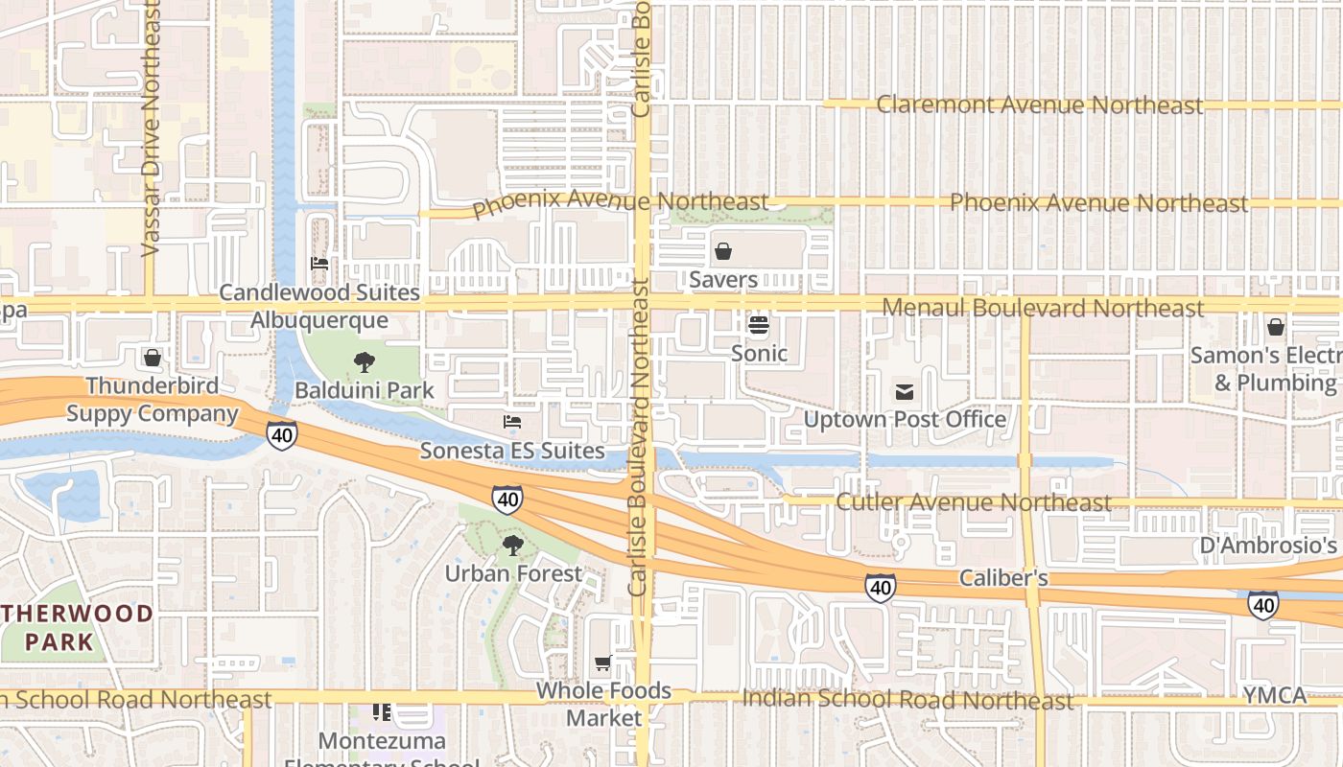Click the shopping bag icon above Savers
pos(723,251)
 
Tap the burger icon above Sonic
pos(759,326)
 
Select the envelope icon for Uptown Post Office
pos(904,391)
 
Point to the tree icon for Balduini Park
pos(364,362)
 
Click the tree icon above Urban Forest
pos(513,546)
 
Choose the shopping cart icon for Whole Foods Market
pos(603,662)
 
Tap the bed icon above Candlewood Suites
pos(319,264)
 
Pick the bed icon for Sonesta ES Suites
pos(512,422)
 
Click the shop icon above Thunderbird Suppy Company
pos(152,358)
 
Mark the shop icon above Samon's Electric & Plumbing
pos(1275,327)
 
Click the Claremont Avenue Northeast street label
pos(1039,105)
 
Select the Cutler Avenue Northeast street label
pos(974,502)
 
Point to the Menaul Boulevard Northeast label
pos(1042,308)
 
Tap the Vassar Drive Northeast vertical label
pos(150,129)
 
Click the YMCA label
pos(1274,695)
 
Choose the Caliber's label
pos(1003,578)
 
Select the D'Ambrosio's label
pos(1268,546)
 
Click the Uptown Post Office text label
pos(905,419)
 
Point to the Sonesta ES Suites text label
pos(512,451)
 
